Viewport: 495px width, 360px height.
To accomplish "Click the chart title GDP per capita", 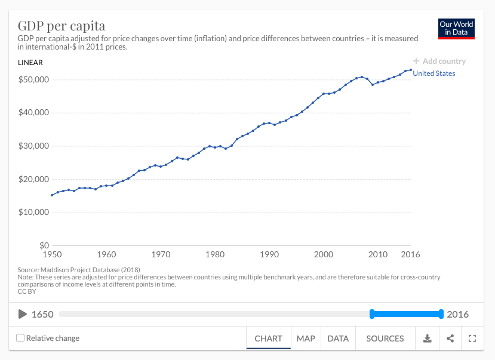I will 62,26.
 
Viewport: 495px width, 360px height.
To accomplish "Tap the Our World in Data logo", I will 456,28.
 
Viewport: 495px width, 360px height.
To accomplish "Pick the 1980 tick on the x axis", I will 215,254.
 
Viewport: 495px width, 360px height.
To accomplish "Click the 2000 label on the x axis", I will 323,254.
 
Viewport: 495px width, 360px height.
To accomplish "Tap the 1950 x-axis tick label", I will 52,254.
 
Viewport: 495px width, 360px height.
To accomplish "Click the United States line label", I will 434,73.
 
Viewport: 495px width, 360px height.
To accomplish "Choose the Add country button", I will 439,61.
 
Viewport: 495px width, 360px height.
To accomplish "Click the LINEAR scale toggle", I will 30,62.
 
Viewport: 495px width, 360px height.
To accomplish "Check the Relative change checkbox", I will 20,339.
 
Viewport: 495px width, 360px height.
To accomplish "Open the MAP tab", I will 306,339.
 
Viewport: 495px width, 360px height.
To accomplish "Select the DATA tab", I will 338,339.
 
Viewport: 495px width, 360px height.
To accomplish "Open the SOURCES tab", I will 385,339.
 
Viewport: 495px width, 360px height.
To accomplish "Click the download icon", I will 428,339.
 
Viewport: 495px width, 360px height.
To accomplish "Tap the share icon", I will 450,339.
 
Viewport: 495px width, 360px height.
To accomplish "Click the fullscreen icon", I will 472,339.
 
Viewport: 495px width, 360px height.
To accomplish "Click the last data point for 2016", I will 410,70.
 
